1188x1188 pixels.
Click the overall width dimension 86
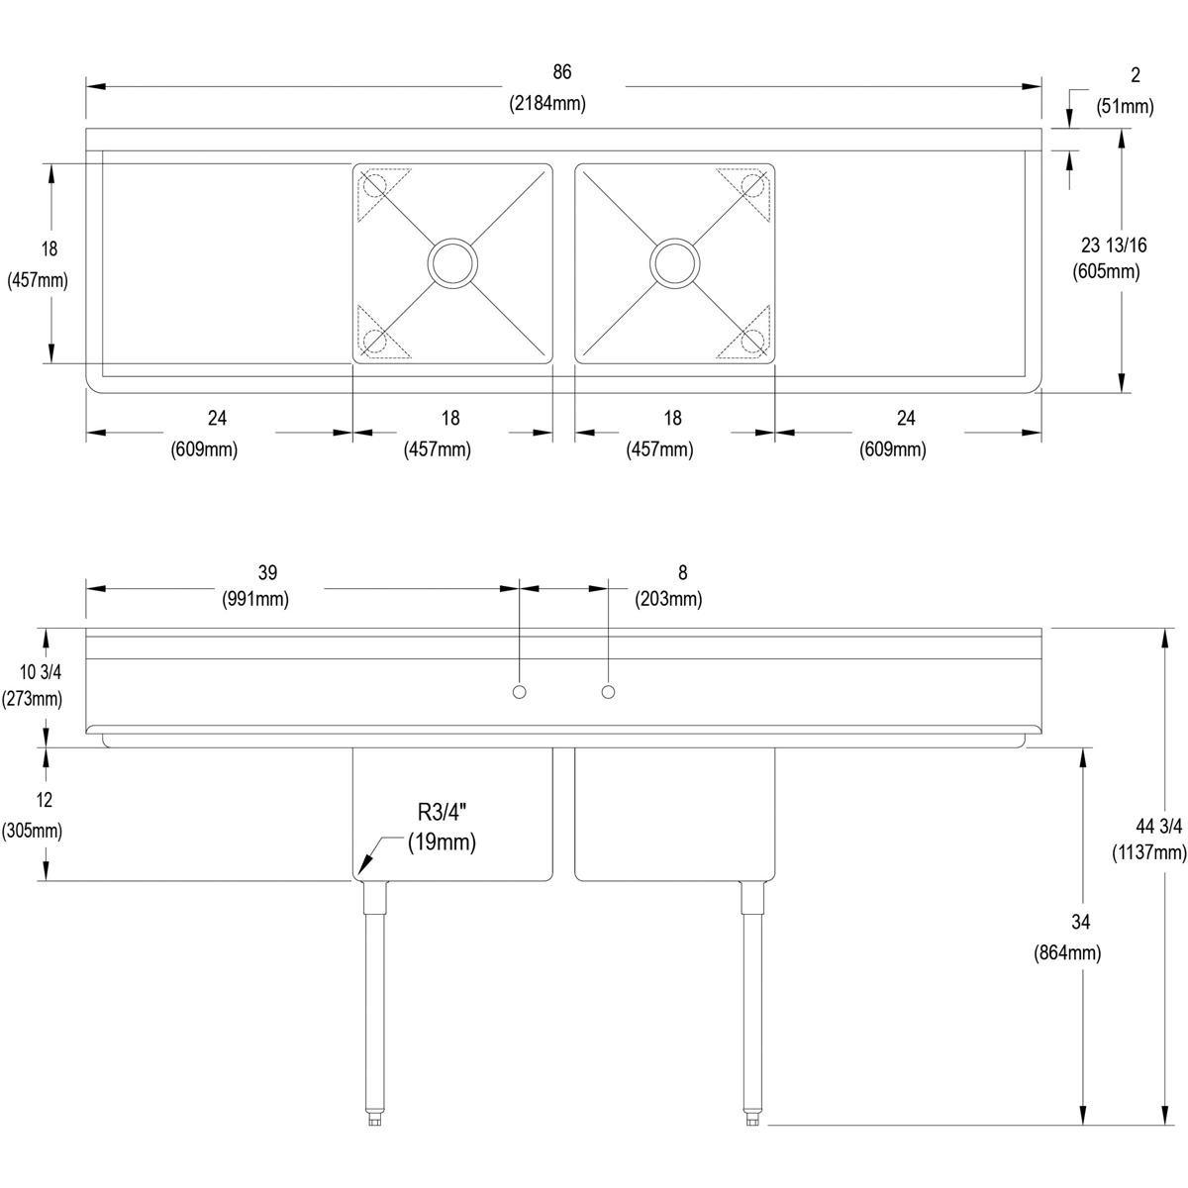[562, 72]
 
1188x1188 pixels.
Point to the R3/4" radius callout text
[442, 814]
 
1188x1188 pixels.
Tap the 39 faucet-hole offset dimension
[267, 572]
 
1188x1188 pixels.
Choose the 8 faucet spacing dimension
[682, 572]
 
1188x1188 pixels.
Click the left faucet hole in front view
[518, 690]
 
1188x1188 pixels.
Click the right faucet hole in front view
[608, 690]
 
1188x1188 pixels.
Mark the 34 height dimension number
[1080, 923]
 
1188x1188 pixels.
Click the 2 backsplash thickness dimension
[1135, 74]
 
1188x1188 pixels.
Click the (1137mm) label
[1149, 851]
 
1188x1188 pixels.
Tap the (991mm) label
[256, 599]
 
